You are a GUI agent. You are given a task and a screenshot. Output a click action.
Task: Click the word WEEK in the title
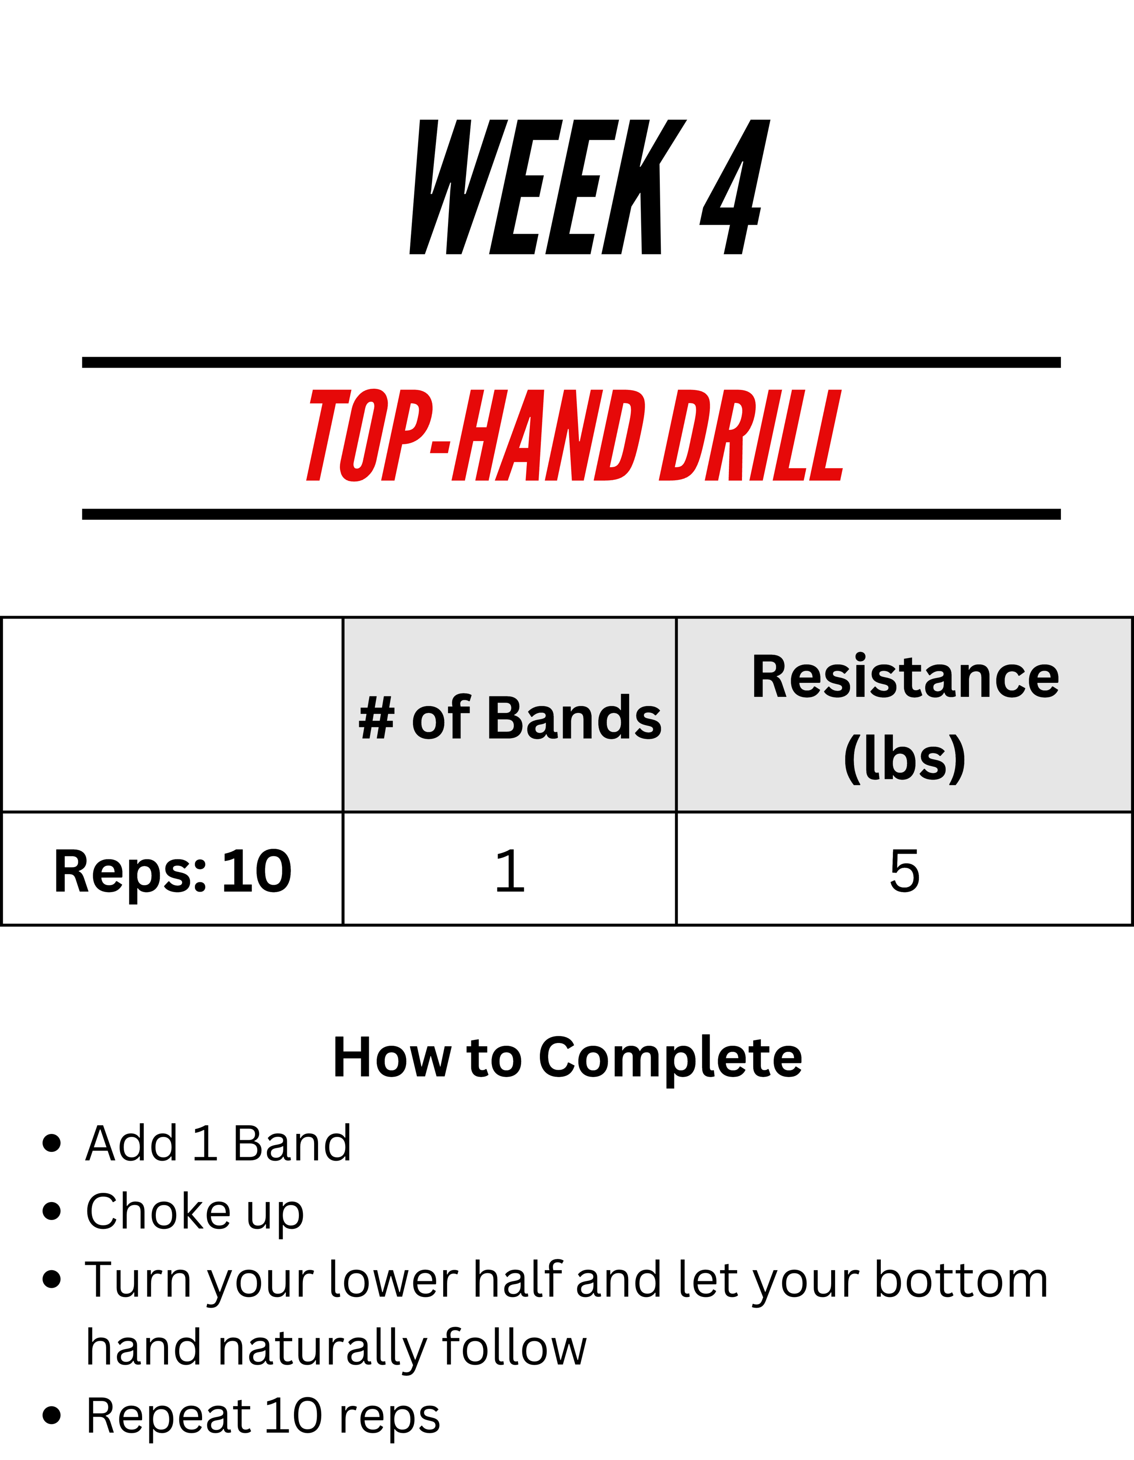(548, 187)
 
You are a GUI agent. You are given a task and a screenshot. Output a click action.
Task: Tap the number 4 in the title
(735, 187)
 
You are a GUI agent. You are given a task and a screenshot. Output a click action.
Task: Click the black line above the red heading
(572, 363)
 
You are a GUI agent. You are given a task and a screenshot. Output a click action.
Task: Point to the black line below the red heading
(572, 514)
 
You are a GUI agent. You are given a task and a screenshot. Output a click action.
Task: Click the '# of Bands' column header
(509, 718)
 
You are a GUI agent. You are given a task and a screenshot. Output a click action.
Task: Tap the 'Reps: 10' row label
(172, 871)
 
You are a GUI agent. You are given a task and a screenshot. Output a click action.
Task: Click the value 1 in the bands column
(509, 871)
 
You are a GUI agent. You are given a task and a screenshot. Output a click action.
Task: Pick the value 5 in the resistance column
(905, 871)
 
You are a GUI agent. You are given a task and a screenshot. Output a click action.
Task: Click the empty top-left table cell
(172, 714)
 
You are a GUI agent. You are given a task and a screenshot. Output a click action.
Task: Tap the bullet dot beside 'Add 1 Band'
(52, 1143)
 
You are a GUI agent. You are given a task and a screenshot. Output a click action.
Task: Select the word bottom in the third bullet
(962, 1279)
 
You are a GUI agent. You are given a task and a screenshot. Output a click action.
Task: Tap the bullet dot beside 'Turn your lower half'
(52, 1279)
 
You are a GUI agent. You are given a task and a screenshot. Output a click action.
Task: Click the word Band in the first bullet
(292, 1143)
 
